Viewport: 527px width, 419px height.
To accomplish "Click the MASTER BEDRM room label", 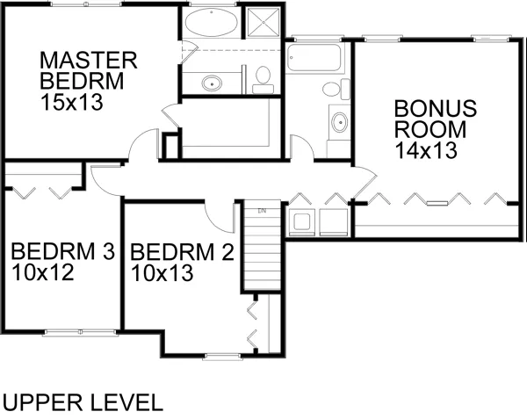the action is [x=89, y=70].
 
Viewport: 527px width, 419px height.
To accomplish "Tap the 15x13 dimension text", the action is [x=71, y=102].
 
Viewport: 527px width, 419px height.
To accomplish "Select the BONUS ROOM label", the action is [x=436, y=119].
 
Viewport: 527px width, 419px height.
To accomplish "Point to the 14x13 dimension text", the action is [x=426, y=150].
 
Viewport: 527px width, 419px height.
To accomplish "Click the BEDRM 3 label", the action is [x=63, y=250].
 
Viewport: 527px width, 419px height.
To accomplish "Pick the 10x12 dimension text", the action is [x=42, y=271].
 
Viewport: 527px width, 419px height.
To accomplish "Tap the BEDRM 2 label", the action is [x=182, y=252].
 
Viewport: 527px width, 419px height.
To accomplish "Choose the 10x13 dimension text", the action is [x=162, y=272].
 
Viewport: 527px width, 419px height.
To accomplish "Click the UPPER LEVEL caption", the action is [x=83, y=402].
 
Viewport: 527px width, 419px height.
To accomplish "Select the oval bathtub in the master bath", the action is [x=212, y=21].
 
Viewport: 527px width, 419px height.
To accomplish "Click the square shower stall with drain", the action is [x=263, y=22].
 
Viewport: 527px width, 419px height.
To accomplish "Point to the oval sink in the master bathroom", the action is [x=212, y=83].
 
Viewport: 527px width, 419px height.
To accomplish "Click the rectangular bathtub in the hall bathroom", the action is [x=314, y=57].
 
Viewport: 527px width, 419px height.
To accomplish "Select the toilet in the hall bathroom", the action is [x=336, y=89].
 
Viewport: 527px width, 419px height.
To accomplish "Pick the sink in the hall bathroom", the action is [x=339, y=122].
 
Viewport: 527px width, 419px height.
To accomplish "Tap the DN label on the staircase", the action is [x=262, y=211].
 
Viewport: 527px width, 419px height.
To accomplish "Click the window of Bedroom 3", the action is [x=80, y=332].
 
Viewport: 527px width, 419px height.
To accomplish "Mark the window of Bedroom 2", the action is [x=223, y=357].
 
